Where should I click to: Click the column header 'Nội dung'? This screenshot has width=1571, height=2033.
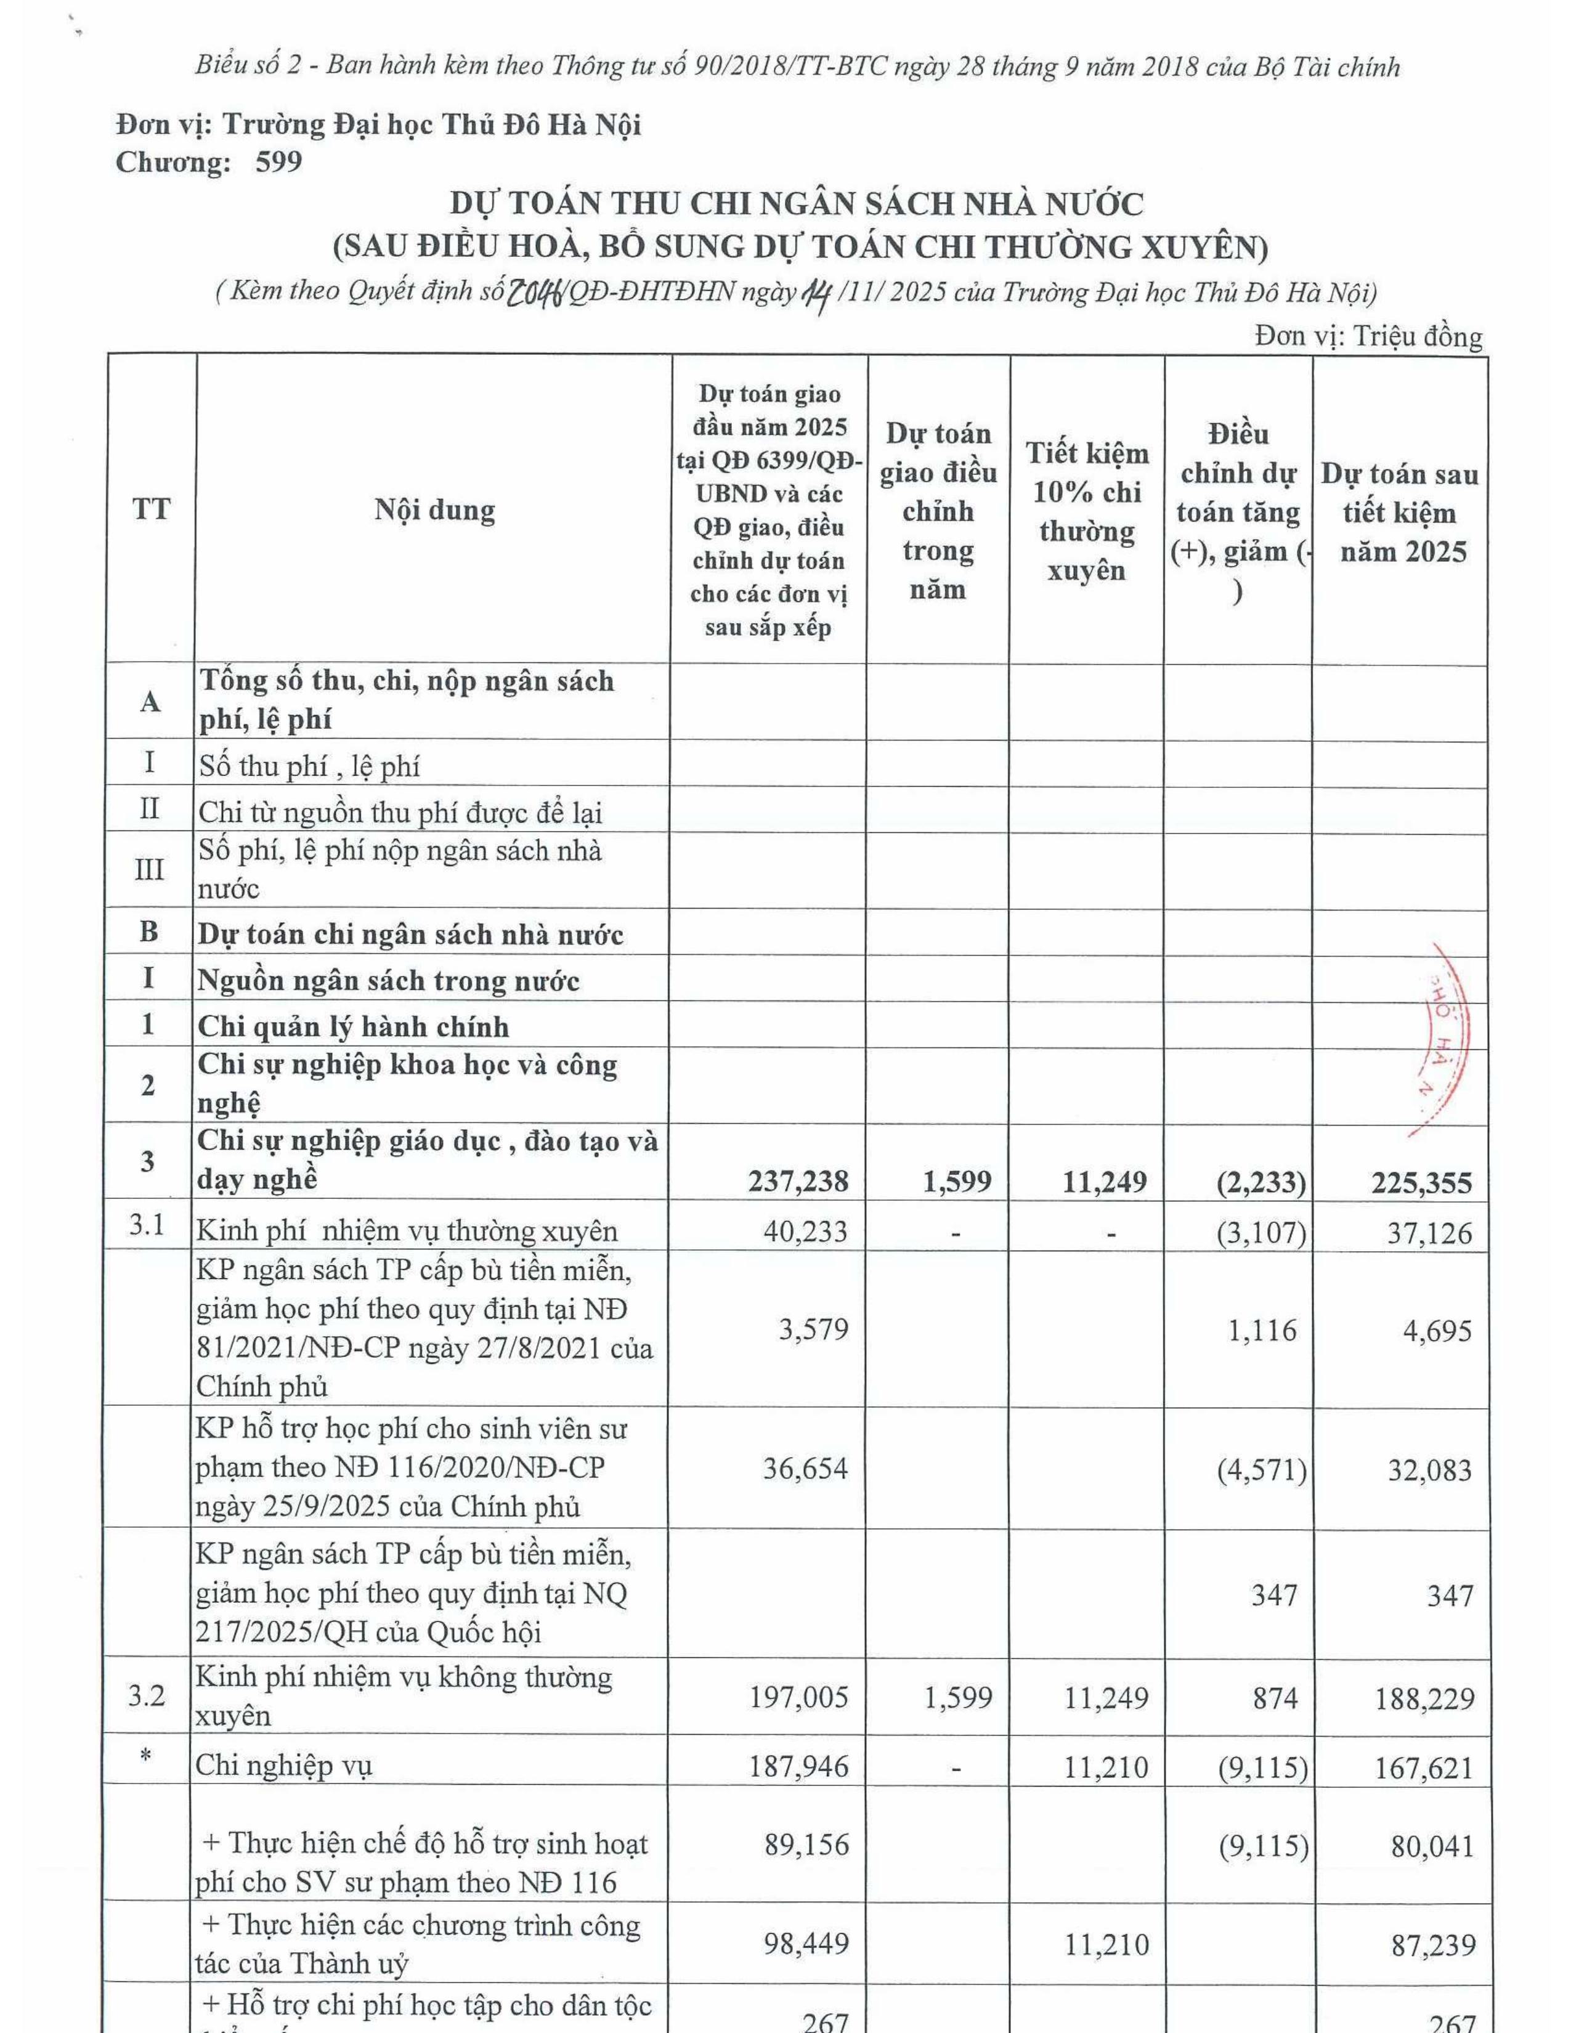pos(434,510)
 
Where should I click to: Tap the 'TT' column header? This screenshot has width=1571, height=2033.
pos(151,510)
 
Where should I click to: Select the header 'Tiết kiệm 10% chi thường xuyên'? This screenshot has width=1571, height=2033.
pos(1087,511)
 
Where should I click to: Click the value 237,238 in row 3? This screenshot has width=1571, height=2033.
pos(798,1181)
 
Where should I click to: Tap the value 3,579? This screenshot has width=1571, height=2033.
pos(813,1328)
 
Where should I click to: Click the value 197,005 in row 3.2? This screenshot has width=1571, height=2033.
pos(798,1697)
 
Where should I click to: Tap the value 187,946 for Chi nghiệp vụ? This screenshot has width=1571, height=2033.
pos(798,1766)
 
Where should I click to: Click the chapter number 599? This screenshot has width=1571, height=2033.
pos(278,162)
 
